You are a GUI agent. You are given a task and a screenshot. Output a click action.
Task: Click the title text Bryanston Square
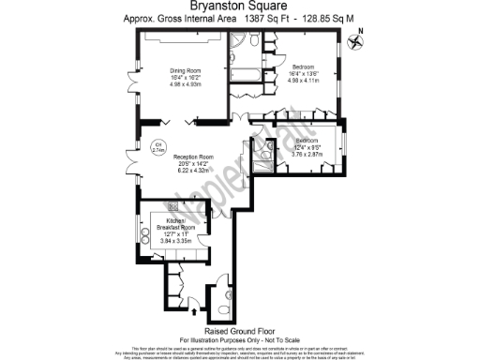coord(240,7)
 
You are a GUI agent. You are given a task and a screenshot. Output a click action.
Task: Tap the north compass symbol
coord(356,40)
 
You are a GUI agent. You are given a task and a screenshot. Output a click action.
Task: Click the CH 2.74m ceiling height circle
coord(158,146)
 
